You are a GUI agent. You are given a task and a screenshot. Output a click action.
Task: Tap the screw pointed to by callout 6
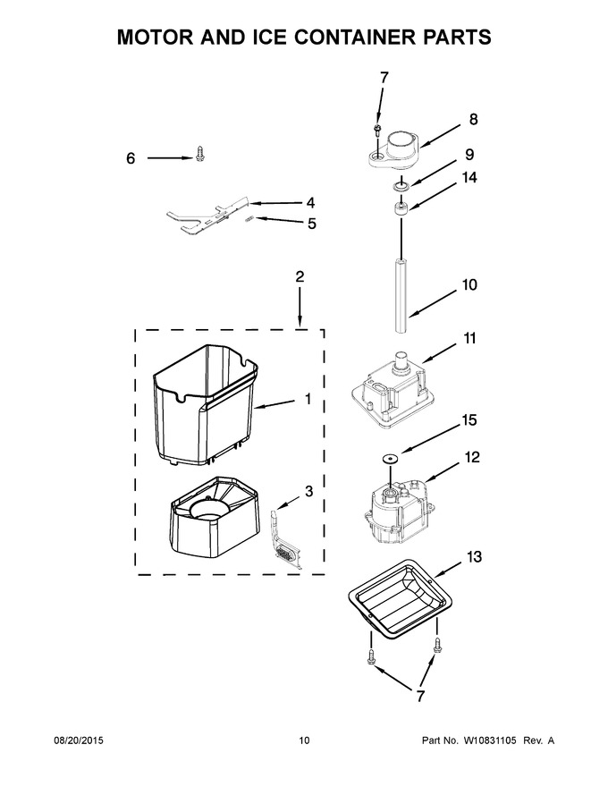click(x=200, y=154)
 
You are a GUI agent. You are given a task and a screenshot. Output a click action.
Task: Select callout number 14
click(x=469, y=177)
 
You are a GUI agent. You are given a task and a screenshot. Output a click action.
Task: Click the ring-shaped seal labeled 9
click(x=401, y=187)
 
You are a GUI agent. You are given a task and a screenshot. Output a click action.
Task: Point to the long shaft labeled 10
click(x=401, y=295)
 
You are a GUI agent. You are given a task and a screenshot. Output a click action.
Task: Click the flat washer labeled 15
click(x=390, y=458)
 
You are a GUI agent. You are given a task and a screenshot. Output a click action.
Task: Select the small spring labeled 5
click(x=249, y=218)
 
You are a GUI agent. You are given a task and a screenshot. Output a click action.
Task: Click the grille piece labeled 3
click(x=287, y=539)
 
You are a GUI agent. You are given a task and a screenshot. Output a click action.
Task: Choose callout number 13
click(x=474, y=556)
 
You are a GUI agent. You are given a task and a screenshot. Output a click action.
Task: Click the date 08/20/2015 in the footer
click(x=79, y=740)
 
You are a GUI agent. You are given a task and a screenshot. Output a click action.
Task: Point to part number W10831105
click(x=490, y=740)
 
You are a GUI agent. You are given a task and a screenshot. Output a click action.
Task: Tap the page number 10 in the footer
click(x=305, y=740)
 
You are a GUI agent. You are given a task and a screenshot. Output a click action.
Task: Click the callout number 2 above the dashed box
click(x=300, y=276)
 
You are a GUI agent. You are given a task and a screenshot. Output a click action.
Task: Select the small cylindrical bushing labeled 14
click(x=401, y=207)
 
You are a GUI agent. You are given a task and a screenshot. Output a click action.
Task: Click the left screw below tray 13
click(x=371, y=657)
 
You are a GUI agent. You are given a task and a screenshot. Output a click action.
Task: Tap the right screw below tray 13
click(x=437, y=645)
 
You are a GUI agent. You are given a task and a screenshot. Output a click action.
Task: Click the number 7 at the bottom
click(x=420, y=696)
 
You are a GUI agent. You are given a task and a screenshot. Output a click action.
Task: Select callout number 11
click(x=469, y=338)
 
